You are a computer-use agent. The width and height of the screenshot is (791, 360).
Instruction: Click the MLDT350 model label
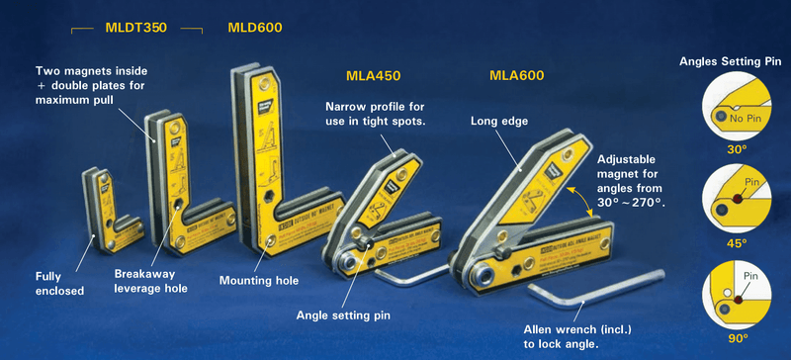136,28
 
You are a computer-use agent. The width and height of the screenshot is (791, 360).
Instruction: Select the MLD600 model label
254,28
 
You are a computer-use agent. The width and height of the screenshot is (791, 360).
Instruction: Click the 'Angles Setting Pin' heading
731,61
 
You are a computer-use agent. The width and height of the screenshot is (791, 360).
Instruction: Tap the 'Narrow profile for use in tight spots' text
375,114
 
